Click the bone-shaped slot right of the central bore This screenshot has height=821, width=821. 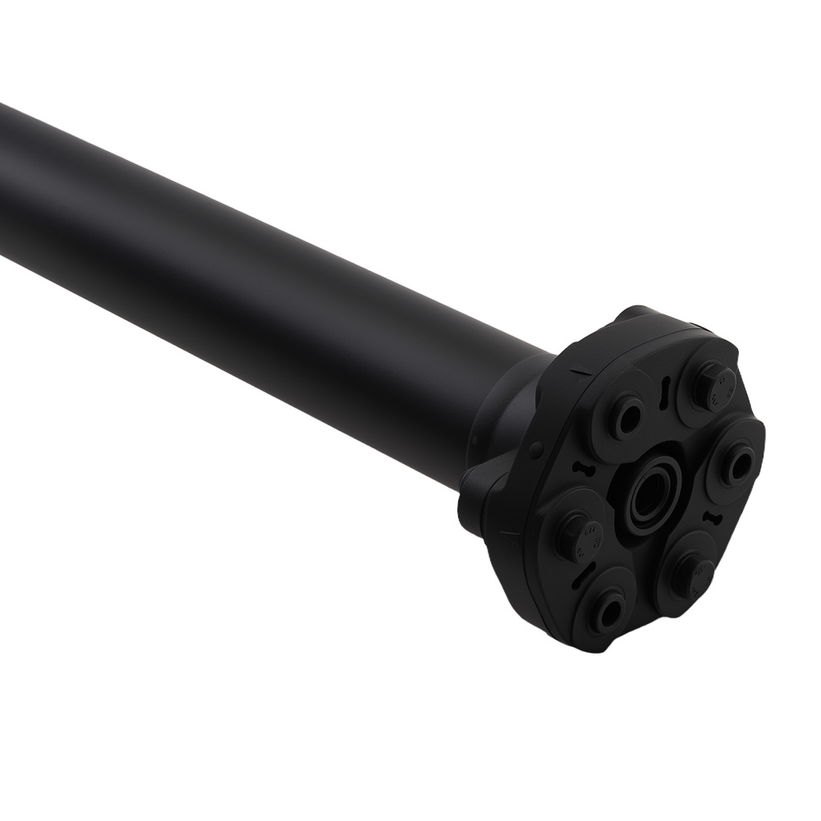pyautogui.click(x=711, y=517)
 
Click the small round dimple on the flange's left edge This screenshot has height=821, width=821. pyautogui.click(x=534, y=447)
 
